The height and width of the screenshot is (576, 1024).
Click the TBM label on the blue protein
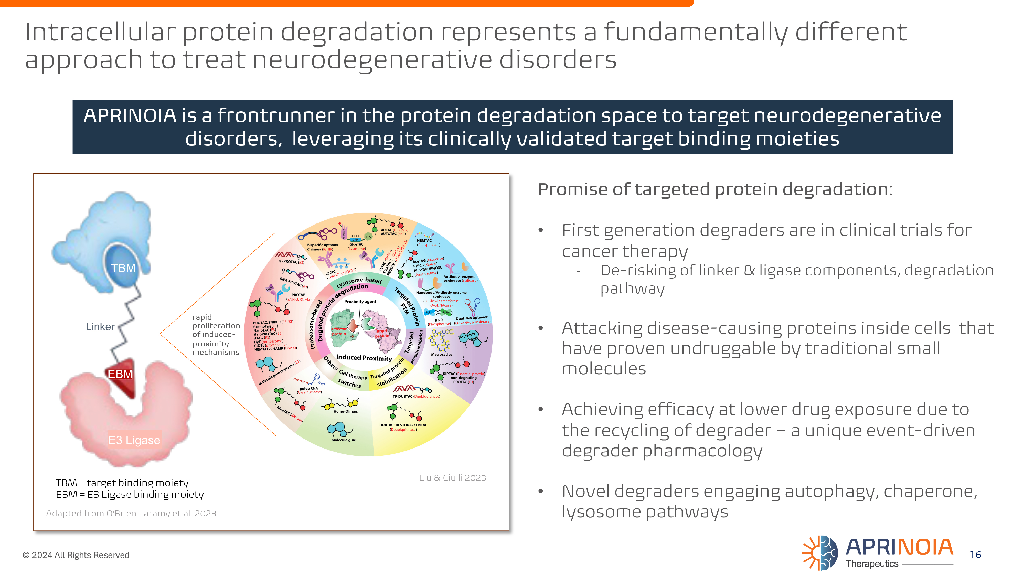(123, 268)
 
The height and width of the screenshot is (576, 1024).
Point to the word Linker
(100, 327)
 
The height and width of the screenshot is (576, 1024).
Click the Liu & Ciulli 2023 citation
(452, 478)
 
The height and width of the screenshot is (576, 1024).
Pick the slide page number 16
(975, 554)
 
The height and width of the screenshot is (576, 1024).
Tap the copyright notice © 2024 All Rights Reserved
(76, 555)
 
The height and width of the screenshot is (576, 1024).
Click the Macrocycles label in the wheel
(441, 354)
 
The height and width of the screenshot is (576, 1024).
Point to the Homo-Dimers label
(345, 411)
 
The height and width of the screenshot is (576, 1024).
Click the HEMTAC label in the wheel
(424, 240)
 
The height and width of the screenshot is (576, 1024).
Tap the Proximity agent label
(360, 301)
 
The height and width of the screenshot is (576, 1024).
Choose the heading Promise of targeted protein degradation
(715, 189)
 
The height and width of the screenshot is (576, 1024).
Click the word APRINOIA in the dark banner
(130, 116)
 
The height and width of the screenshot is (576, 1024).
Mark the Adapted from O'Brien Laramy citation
(131, 513)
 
